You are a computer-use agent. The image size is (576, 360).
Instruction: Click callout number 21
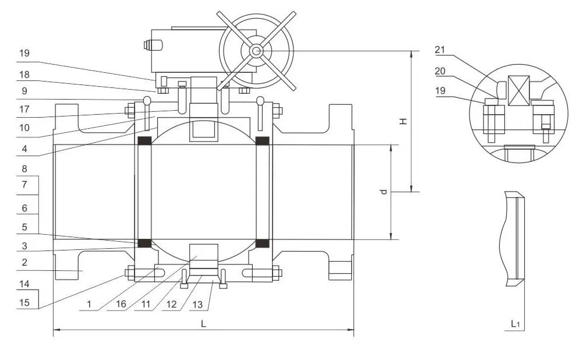[x=440, y=50]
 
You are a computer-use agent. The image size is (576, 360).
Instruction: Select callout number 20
[x=440, y=70]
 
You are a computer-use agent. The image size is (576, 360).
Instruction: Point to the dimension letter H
[x=402, y=121]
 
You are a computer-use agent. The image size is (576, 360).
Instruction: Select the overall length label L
[x=203, y=324]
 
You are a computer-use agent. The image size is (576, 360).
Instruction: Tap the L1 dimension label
[x=515, y=323]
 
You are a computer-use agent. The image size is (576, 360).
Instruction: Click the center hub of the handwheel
[x=256, y=51]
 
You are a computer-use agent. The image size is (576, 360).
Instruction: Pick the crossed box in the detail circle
[x=517, y=91]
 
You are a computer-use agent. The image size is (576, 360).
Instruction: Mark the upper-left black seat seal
[x=144, y=141]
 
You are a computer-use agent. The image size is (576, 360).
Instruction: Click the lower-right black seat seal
[x=263, y=242]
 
